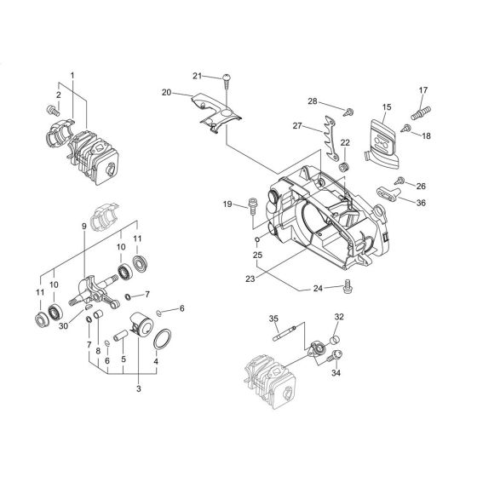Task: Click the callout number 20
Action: pyautogui.click(x=166, y=92)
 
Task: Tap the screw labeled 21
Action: pyautogui.click(x=228, y=83)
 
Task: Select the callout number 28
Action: pyautogui.click(x=313, y=102)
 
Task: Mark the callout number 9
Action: pyautogui.click(x=83, y=226)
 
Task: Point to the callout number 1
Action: pyautogui.click(x=72, y=76)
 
